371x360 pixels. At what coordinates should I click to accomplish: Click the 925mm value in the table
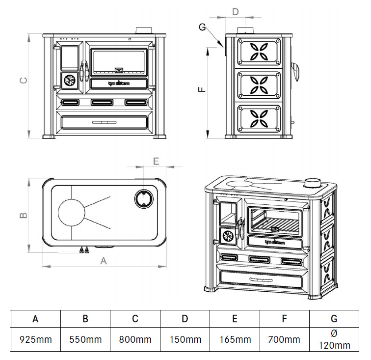coord(35,339)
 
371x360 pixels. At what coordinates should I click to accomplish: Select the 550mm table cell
coord(85,339)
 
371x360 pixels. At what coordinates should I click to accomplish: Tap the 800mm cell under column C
coord(135,339)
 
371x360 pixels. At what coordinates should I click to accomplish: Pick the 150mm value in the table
coord(185,339)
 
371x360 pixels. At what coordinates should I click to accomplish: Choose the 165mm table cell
coord(235,339)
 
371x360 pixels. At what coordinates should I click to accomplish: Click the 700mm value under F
coord(284,339)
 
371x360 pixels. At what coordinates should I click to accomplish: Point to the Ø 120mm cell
coord(334,339)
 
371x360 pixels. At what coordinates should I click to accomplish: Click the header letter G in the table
coord(334,319)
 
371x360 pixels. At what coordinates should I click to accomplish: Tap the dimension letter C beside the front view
coord(23,82)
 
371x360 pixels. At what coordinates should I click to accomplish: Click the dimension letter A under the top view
coord(104,261)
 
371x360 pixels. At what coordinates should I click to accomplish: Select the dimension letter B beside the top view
coord(23,215)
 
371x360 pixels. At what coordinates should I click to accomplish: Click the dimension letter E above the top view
coord(156,161)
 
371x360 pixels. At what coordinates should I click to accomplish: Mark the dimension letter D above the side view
coord(235,11)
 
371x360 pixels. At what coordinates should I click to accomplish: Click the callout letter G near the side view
coord(202,27)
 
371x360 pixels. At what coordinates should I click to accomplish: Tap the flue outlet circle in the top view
coord(143,198)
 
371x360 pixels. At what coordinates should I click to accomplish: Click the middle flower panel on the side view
coord(260,84)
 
